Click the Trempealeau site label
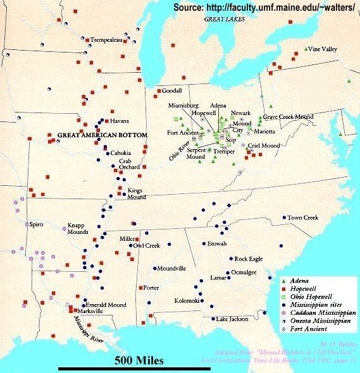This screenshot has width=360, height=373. coord(106,39)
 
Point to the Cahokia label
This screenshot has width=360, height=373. coord(121,153)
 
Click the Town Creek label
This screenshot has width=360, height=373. coord(302,217)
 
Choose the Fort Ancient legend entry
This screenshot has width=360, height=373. coord(311,329)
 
